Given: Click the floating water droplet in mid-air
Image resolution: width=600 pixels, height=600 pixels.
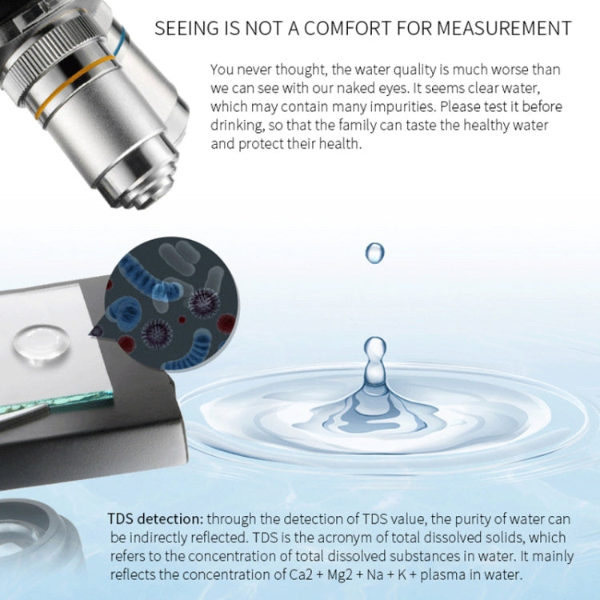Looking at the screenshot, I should coord(374,253).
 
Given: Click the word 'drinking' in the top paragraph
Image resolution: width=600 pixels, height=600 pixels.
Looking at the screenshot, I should coord(234,126).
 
